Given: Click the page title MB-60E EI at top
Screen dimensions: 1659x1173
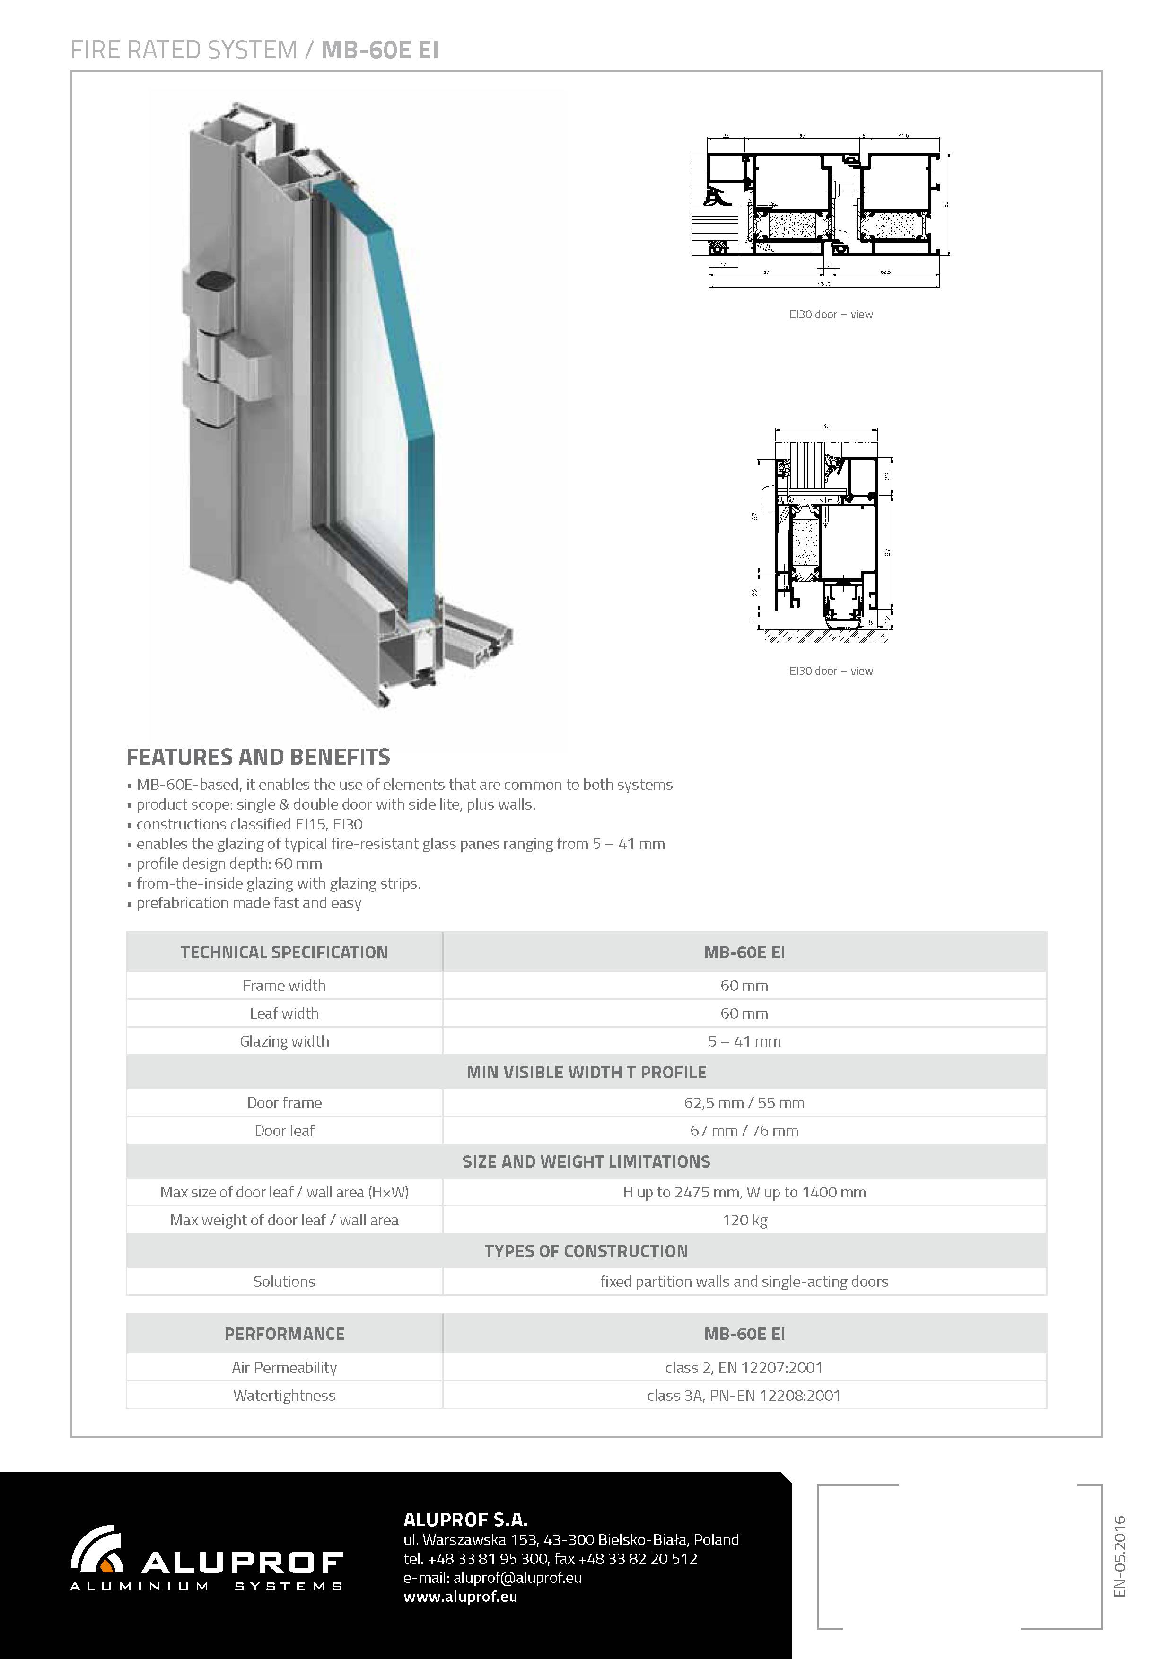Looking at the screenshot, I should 379,50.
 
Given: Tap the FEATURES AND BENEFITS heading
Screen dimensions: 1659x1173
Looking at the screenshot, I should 258,757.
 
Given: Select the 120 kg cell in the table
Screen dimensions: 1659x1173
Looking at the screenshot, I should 744,1221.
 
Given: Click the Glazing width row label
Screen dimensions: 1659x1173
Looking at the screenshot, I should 284,1041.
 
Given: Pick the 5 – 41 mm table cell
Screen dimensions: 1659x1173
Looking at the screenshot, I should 744,1041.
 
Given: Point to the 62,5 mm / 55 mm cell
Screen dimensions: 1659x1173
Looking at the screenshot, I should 744,1103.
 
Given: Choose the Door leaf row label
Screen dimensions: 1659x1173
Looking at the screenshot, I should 284,1131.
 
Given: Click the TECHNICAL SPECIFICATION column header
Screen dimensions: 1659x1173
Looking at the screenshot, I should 284,952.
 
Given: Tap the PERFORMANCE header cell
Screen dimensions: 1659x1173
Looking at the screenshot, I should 284,1334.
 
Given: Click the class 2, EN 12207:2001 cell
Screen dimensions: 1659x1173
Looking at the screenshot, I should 744,1367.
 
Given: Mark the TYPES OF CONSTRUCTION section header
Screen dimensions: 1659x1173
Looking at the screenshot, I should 586,1251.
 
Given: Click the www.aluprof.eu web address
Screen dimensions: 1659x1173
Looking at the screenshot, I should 460,1597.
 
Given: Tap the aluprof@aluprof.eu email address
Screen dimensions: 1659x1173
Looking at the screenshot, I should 517,1578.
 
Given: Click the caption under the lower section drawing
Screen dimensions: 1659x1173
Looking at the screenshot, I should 831,671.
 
